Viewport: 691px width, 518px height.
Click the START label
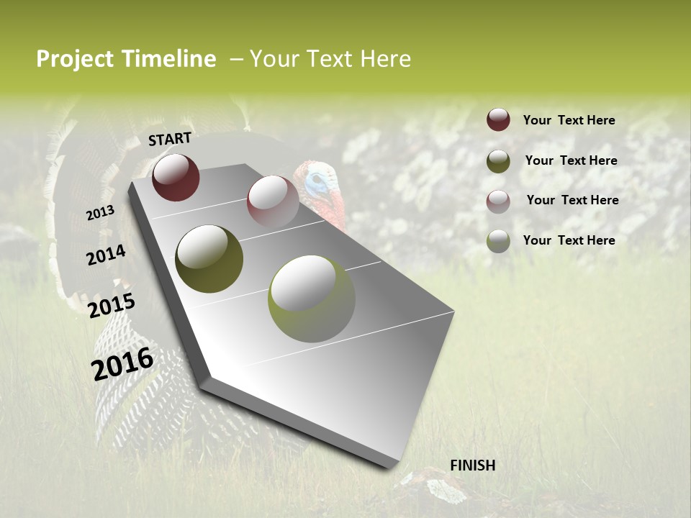pyautogui.click(x=170, y=139)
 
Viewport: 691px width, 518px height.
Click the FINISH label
pyautogui.click(x=472, y=465)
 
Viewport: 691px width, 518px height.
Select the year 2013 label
pyautogui.click(x=101, y=213)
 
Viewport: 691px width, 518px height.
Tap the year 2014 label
pyautogui.click(x=106, y=255)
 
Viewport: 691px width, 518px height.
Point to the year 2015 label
pyautogui.click(x=112, y=306)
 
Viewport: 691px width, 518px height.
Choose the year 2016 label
pyautogui.click(x=122, y=363)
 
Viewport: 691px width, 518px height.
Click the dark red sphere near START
pyautogui.click(x=176, y=177)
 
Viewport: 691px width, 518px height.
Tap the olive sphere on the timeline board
pyautogui.click(x=209, y=258)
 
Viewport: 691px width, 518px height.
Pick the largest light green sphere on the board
pyautogui.click(x=311, y=298)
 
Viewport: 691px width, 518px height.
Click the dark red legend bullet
pyautogui.click(x=498, y=119)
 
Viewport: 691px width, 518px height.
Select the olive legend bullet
pyautogui.click(x=498, y=161)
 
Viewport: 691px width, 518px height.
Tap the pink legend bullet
pyautogui.click(x=498, y=201)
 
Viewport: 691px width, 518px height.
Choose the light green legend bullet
pyautogui.click(x=498, y=241)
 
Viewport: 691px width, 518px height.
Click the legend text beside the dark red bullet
pyautogui.click(x=569, y=120)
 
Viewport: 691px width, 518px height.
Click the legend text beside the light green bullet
pyautogui.click(x=569, y=240)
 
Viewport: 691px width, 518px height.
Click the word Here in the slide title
pyautogui.click(x=385, y=59)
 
